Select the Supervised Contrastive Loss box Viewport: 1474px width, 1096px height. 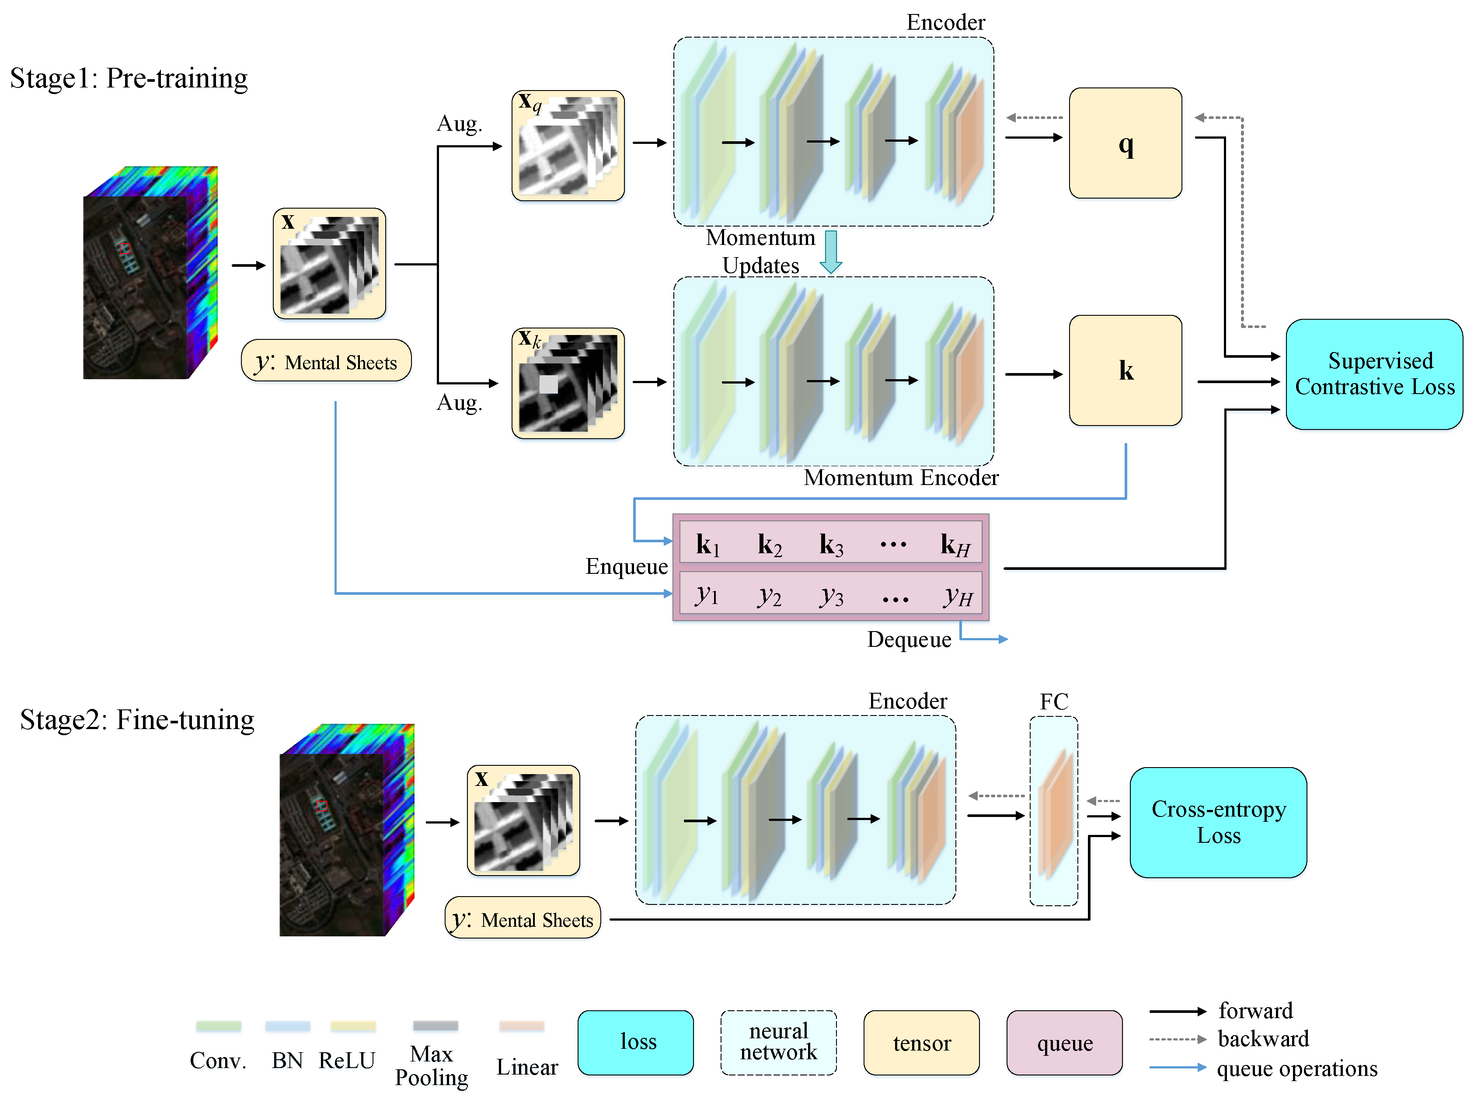[1374, 374]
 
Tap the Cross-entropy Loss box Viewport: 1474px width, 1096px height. [1218, 822]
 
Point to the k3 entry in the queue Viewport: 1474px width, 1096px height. [830, 544]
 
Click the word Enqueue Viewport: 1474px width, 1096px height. [626, 566]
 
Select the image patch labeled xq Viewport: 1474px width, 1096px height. [568, 146]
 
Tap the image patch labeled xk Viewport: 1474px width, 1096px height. [568, 384]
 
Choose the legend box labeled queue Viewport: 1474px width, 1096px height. [1064, 1042]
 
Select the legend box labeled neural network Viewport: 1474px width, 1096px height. [778, 1042]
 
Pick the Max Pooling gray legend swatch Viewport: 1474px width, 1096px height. [435, 1026]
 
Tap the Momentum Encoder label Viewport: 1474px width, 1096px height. [901, 478]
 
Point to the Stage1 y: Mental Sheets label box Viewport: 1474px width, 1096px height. [326, 361]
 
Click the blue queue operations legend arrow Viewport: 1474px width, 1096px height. [1178, 1067]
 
